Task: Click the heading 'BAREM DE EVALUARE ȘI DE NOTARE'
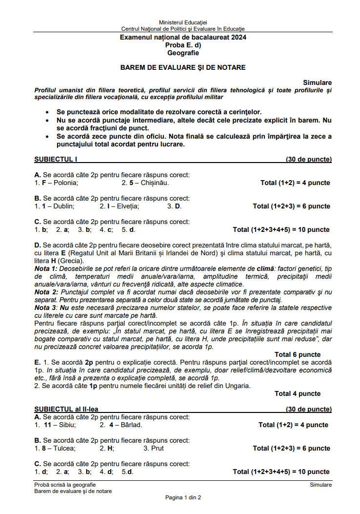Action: pos(183,67)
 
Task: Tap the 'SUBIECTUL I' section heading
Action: pos(56,159)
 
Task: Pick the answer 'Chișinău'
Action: pos(155,183)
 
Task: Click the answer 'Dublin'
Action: pos(64,206)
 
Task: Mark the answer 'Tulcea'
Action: pos(64,448)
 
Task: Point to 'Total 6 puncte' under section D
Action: pos(298,354)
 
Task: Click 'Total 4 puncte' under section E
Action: pos(298,393)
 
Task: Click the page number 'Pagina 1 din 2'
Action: pos(183,497)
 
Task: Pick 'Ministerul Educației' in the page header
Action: pos(183,22)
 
